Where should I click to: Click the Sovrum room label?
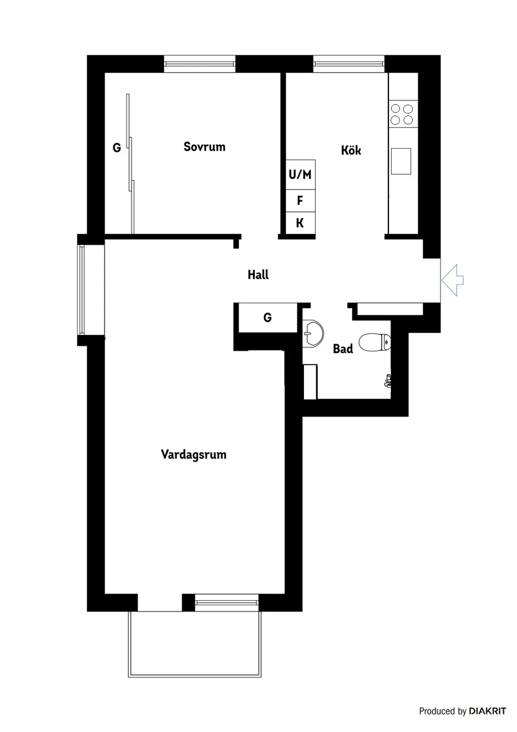(x=204, y=147)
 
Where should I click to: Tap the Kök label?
(x=351, y=151)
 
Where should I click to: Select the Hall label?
(x=258, y=274)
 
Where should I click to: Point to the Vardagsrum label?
(x=194, y=454)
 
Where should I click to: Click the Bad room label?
(x=343, y=349)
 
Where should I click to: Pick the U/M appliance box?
(x=300, y=174)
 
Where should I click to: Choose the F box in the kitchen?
(x=300, y=201)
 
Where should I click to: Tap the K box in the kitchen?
(x=300, y=222)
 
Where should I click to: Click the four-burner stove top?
(x=402, y=114)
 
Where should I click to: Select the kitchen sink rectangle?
(x=401, y=161)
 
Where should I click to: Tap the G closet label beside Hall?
(x=267, y=318)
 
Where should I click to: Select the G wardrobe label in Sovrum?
(x=116, y=148)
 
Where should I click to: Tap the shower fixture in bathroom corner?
(x=388, y=380)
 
